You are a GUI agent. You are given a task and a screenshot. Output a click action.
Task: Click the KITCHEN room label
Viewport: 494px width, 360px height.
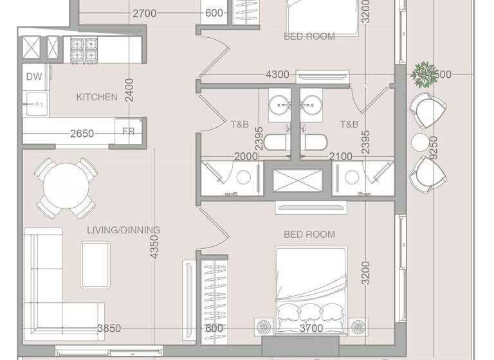pyautogui.click(x=97, y=98)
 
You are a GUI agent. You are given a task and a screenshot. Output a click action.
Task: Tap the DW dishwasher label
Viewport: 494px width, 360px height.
pyautogui.click(x=33, y=77)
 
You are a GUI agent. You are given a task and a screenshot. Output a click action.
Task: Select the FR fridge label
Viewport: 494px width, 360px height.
pyautogui.click(x=129, y=132)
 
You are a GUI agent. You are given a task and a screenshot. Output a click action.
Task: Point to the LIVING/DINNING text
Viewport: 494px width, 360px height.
pyautogui.click(x=123, y=230)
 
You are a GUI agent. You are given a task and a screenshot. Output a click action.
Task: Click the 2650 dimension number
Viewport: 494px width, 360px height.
pyautogui.click(x=82, y=134)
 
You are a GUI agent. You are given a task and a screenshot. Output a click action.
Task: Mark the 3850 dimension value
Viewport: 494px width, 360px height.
pyautogui.click(x=109, y=328)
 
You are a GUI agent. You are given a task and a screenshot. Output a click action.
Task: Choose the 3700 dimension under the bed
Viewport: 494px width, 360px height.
pyautogui.click(x=311, y=328)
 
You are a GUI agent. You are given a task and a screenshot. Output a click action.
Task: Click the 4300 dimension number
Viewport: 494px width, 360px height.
pyautogui.click(x=277, y=75)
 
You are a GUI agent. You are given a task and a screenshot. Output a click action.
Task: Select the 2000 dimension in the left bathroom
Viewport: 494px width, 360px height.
pyautogui.click(x=245, y=156)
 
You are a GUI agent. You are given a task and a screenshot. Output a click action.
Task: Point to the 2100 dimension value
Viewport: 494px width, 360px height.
pyautogui.click(x=340, y=156)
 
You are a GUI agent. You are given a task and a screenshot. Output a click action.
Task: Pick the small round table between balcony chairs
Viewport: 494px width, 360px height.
pyautogui.click(x=420, y=141)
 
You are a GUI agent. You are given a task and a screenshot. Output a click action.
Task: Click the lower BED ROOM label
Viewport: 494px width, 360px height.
pyautogui.click(x=309, y=235)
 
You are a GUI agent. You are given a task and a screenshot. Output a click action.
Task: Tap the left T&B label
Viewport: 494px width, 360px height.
pyautogui.click(x=239, y=124)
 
